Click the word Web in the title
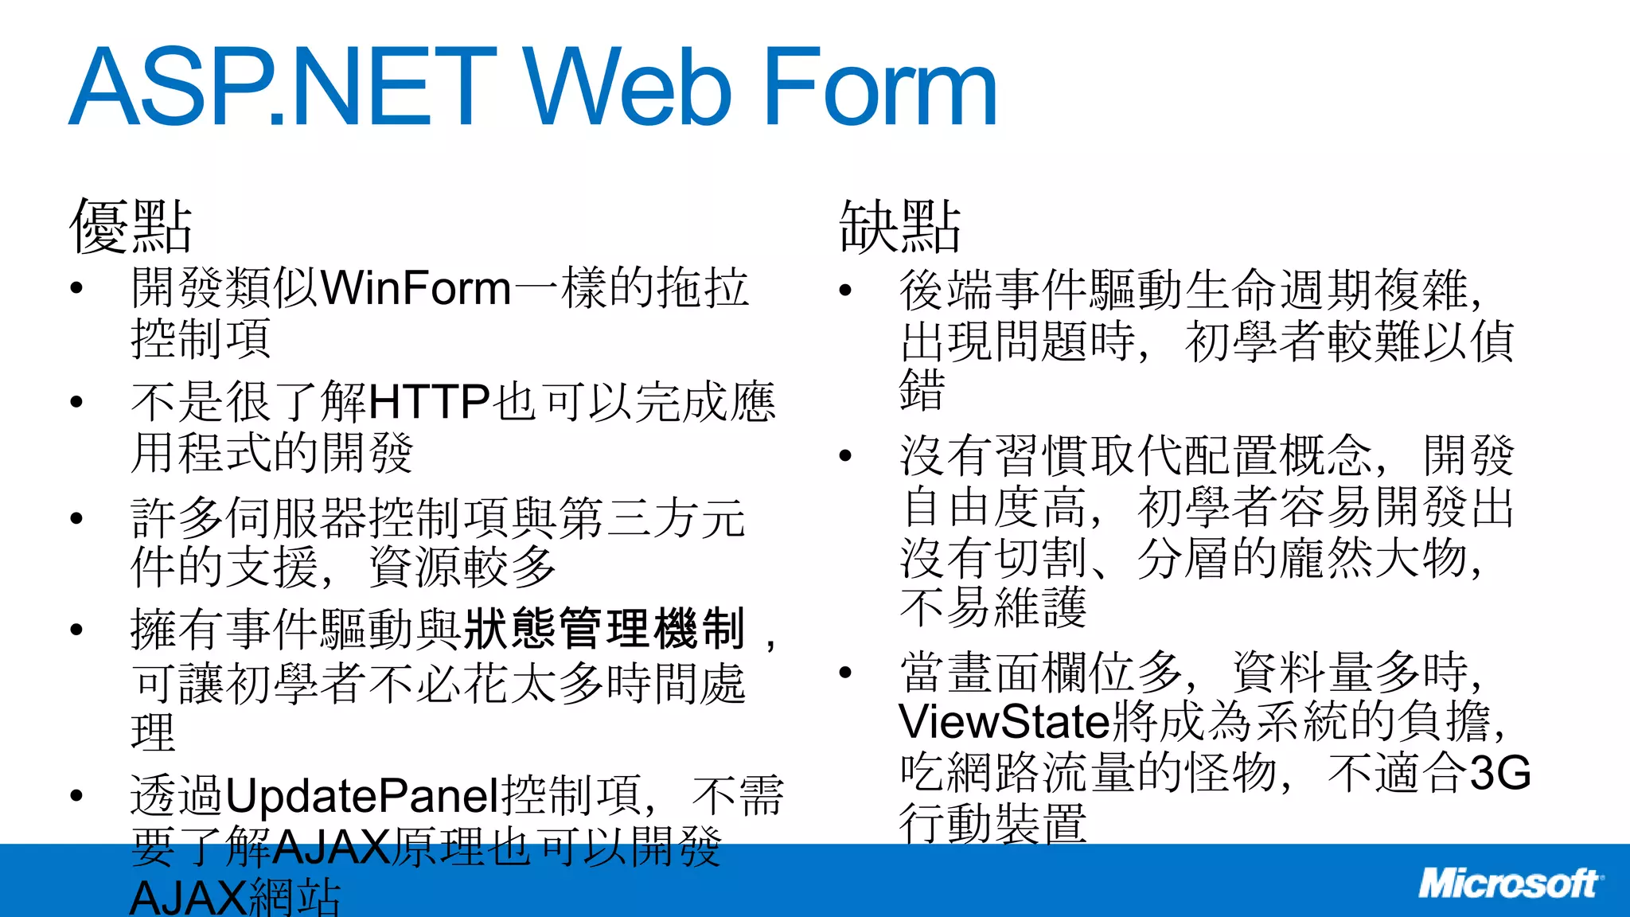[626, 87]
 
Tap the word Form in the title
[879, 87]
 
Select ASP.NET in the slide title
[283, 87]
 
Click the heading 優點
[131, 227]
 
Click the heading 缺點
[900, 227]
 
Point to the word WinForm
[415, 288]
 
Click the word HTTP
[429, 402]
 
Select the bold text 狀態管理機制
[605, 629]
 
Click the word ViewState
[1004, 722]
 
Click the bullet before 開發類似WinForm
[76, 288]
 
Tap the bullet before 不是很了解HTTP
[76, 402]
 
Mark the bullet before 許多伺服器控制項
[76, 518]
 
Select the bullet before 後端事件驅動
[845, 291]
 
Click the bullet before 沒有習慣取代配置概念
[845, 456]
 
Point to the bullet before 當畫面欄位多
[845, 673]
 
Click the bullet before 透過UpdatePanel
[76, 796]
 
